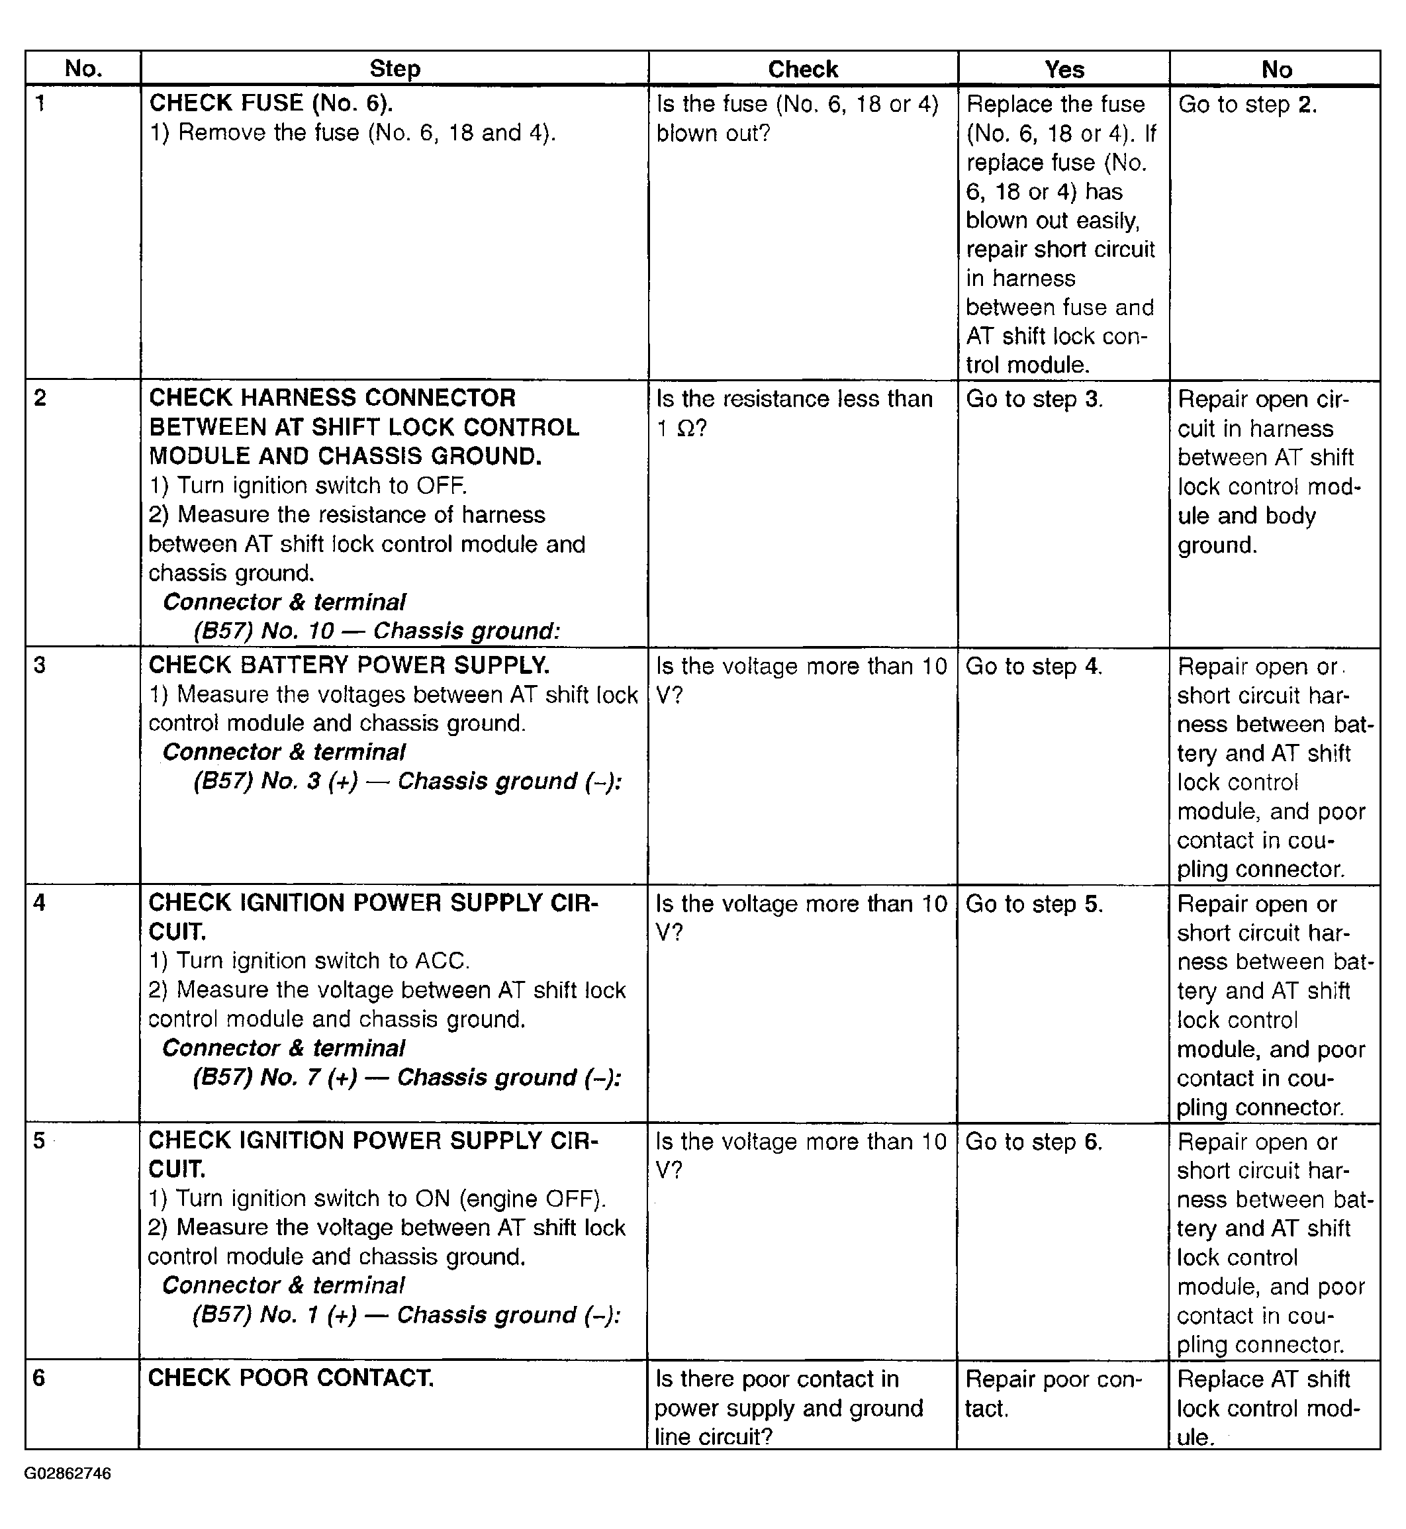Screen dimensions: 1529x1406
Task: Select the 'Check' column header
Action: [x=803, y=69]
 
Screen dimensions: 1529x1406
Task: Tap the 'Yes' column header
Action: [x=1064, y=69]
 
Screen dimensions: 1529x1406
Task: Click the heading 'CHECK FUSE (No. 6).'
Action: [x=271, y=103]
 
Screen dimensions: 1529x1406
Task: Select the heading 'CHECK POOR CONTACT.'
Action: [x=291, y=1377]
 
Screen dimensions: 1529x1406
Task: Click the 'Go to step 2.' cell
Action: [x=1247, y=104]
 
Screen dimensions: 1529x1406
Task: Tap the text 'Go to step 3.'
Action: [x=1034, y=398]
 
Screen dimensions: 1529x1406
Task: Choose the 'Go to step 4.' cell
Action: [x=1033, y=667]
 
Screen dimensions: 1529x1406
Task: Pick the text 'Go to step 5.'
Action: [x=1033, y=903]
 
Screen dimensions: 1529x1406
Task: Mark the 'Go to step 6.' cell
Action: [x=1033, y=1141]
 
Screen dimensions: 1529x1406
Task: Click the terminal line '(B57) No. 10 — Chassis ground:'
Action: [x=377, y=631]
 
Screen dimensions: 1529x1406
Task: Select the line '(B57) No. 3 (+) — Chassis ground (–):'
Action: [x=408, y=781]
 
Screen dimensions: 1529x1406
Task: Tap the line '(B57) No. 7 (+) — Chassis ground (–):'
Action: [x=407, y=1077]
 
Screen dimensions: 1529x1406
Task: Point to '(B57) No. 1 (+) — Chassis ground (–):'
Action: [x=407, y=1315]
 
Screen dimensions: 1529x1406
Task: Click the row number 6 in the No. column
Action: [x=40, y=1377]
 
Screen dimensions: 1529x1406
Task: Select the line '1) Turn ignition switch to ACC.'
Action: [x=309, y=961]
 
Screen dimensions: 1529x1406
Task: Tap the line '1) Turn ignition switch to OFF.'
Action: [x=307, y=485]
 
